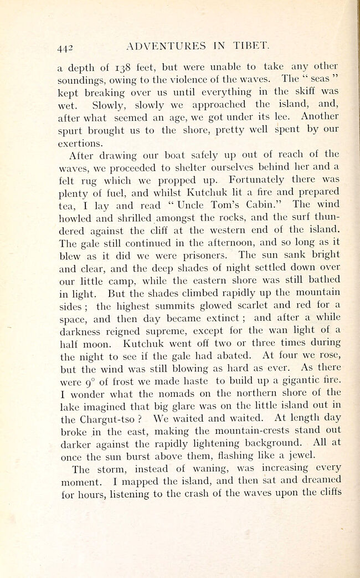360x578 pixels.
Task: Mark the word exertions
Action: pyautogui.click(x=80, y=144)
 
